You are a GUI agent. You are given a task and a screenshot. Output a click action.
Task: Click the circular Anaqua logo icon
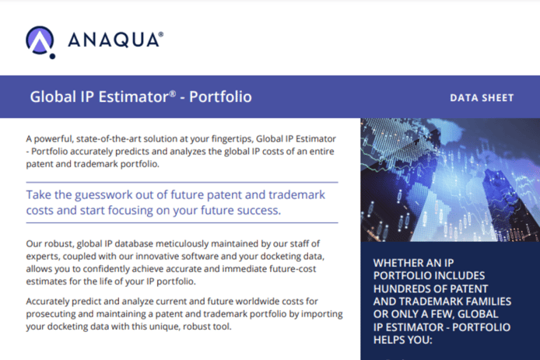click(40, 40)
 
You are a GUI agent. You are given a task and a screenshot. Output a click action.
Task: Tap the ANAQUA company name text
click(116, 40)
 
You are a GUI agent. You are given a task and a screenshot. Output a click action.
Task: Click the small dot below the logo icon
click(52, 56)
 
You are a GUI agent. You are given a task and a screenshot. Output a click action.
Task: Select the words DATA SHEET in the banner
click(482, 98)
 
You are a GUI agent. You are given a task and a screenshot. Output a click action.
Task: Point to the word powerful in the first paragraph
click(54, 139)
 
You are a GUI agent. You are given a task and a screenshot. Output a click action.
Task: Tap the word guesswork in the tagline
click(103, 195)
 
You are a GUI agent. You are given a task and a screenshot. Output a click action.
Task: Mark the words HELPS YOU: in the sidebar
click(402, 340)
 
